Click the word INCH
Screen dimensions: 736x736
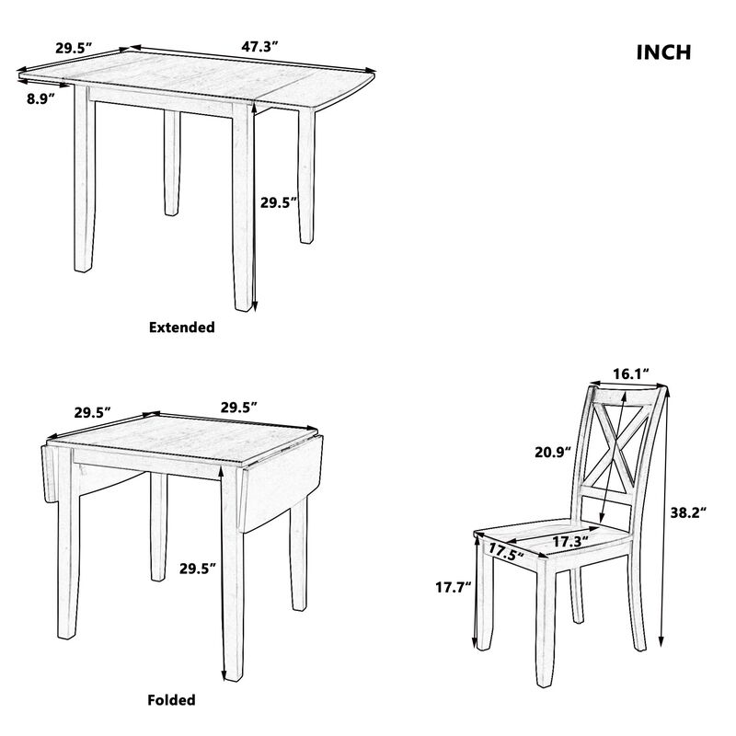tap(663, 52)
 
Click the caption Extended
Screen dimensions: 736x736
tap(181, 327)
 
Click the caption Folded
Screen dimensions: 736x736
tap(171, 700)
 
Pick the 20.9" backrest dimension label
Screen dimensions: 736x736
tap(552, 452)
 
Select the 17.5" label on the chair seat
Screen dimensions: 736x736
tap(505, 552)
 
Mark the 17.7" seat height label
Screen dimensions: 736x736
tap(452, 584)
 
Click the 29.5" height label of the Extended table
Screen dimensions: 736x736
tap(279, 202)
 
